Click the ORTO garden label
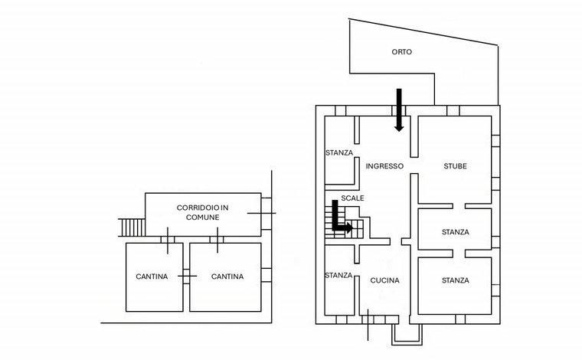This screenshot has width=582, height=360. pos(401,52)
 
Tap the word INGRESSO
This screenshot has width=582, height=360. pos(384,166)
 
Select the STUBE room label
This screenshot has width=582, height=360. pos(455,166)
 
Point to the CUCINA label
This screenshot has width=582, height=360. pos(385,280)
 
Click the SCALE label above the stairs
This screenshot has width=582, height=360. pos(352,198)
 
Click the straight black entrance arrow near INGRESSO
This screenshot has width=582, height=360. pos(399,110)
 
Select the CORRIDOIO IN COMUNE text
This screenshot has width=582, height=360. pos(203,212)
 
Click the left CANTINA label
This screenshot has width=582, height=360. pos(152,277)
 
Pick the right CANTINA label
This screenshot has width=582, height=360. pos(227,277)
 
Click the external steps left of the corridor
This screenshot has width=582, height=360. pos(132,227)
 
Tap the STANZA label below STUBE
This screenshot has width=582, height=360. pos(456,232)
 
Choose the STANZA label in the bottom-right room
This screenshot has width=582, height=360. pos(456,280)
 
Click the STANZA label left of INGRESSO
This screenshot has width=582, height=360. pos(339,153)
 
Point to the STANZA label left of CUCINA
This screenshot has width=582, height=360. pos(338,276)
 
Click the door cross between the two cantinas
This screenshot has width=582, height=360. pos(186,276)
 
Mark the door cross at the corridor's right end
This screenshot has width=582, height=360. pos(262,213)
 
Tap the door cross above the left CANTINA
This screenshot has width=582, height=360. pos(168,240)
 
